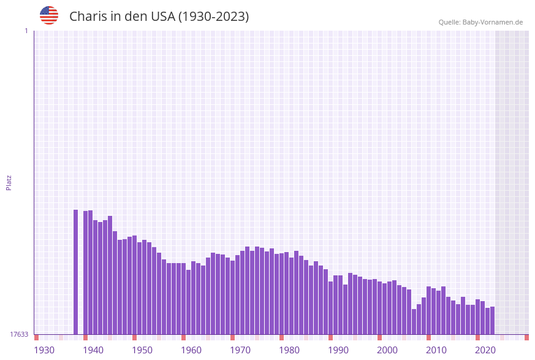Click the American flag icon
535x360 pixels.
(x=49, y=15)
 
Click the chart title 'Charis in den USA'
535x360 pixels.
(x=159, y=17)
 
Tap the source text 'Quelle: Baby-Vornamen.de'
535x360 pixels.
(x=480, y=22)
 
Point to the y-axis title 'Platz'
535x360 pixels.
(x=9, y=182)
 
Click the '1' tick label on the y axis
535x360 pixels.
(x=26, y=31)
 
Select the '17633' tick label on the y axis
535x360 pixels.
(x=19, y=334)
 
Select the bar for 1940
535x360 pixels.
(x=86, y=272)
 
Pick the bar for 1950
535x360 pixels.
(x=135, y=285)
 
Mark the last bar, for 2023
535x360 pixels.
(x=492, y=320)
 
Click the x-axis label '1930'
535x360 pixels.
(x=44, y=350)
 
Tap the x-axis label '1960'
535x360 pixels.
(x=191, y=350)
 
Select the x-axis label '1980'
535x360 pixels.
(x=289, y=350)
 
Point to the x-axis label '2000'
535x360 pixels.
(x=387, y=350)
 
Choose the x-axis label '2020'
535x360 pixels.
(x=485, y=350)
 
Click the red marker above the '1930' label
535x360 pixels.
(x=37, y=337)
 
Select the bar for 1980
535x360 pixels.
(x=282, y=294)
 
